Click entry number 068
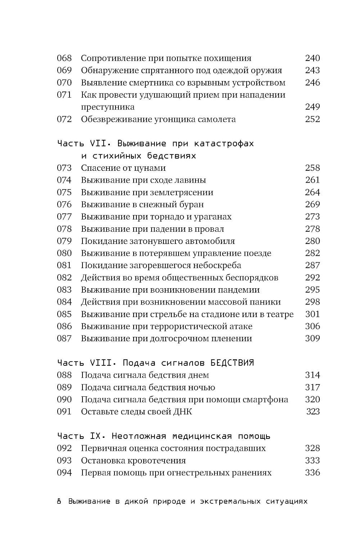click(64, 58)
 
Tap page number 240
click(312, 58)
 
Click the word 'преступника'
click(108, 107)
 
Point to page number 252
click(312, 119)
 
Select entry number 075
click(64, 192)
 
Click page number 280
click(312, 241)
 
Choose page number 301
click(312, 314)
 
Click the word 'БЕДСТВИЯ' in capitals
click(232, 362)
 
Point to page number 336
click(312, 473)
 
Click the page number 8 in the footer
click(59, 502)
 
